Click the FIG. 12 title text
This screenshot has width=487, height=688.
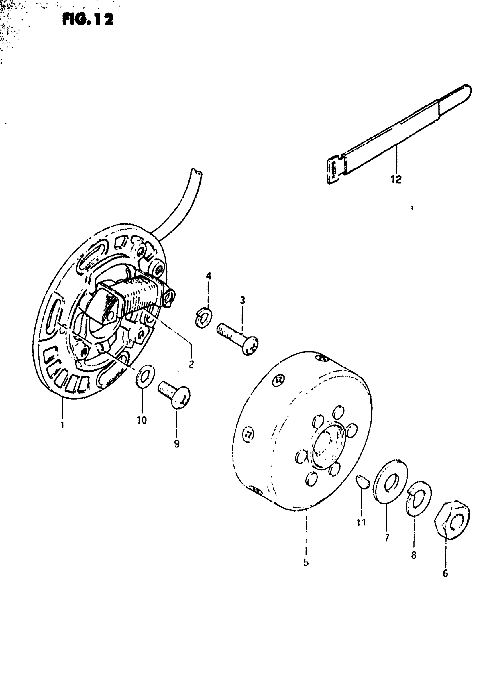88,19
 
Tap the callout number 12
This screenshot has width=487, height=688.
396,179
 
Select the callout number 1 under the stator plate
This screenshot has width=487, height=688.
62,425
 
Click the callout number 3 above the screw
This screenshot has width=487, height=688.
242,300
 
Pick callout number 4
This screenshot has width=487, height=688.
209,276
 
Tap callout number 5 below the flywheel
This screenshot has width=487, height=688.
306,563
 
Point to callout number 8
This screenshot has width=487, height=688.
414,555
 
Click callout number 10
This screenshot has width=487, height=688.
142,420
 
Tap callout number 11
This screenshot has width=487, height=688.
361,522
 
